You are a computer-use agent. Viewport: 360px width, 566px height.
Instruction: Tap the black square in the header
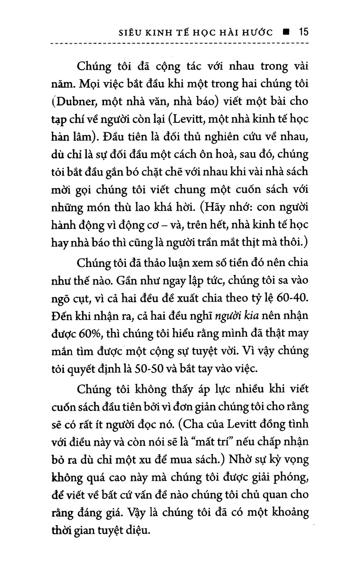point(285,33)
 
